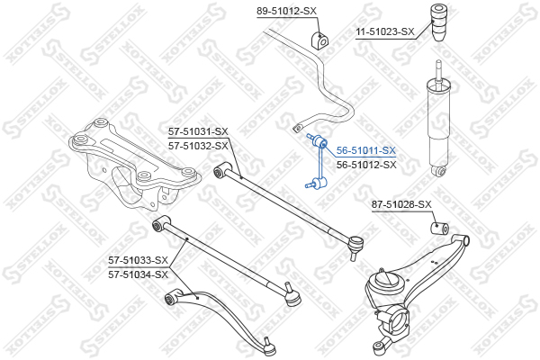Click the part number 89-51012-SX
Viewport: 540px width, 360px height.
286,12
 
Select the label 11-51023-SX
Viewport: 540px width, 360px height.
385,32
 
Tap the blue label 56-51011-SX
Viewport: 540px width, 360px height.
366,150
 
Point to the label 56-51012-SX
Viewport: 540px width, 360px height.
366,165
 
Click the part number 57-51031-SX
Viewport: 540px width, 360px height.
198,131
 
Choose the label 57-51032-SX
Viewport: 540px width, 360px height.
198,146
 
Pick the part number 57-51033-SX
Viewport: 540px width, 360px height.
138,260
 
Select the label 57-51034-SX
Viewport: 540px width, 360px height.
138,274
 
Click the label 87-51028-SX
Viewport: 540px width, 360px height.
401,204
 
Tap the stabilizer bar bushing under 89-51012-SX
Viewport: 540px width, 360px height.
320,40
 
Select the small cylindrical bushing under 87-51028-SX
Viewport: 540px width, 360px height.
440,228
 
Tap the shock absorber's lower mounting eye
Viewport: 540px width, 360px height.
439,170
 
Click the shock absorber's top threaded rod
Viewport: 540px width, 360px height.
438,70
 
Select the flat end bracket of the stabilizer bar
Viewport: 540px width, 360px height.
297,128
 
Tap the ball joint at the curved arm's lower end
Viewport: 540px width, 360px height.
268,348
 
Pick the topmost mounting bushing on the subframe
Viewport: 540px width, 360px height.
100,122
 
